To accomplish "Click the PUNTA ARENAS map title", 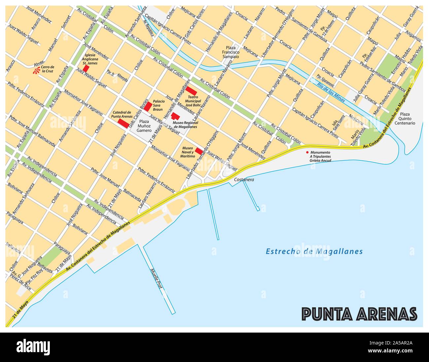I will [x=360, y=314].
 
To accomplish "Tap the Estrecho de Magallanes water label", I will [x=314, y=252].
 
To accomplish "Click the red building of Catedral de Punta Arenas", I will [x=123, y=123].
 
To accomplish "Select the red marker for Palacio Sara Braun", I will [x=148, y=106].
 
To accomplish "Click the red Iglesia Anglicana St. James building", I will [x=86, y=68].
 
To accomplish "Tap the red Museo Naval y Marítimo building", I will [x=199, y=151].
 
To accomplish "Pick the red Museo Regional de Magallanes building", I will [x=175, y=116].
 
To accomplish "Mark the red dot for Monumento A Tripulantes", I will [x=307, y=152].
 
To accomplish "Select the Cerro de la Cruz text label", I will [x=48, y=69].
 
